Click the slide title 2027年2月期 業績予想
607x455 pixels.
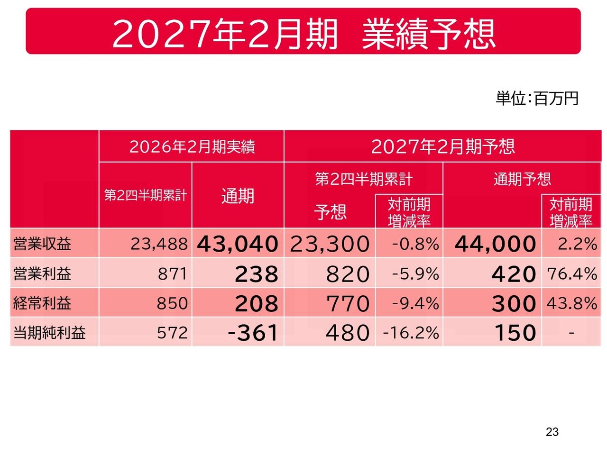(x=303, y=34)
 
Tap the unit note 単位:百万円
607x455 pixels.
(x=536, y=99)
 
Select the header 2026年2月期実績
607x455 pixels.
(x=192, y=146)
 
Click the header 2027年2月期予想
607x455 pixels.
(x=443, y=146)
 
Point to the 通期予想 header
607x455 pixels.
(x=522, y=179)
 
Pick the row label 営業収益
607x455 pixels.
(x=42, y=244)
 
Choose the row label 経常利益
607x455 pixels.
(x=42, y=303)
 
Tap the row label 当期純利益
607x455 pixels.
(x=49, y=332)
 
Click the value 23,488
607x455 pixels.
(x=159, y=244)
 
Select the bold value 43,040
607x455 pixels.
(x=238, y=244)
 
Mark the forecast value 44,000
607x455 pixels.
(x=495, y=244)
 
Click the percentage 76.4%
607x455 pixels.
(x=572, y=274)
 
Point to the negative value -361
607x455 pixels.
(x=253, y=332)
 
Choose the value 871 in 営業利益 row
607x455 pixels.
(x=173, y=274)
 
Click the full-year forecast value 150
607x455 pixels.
(x=515, y=332)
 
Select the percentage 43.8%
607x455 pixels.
(x=572, y=303)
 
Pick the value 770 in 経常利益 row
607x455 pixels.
(x=348, y=303)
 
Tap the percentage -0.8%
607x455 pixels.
(x=415, y=244)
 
